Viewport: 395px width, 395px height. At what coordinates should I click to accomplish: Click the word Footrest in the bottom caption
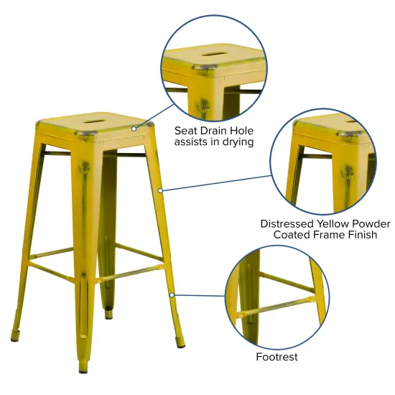pos(276,356)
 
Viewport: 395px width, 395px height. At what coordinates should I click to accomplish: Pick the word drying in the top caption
pos(237,142)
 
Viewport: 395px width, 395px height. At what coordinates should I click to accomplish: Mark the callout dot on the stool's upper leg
pos(160,190)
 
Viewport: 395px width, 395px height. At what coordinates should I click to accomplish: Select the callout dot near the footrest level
pos(172,294)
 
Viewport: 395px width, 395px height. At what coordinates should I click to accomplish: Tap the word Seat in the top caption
pos(188,131)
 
